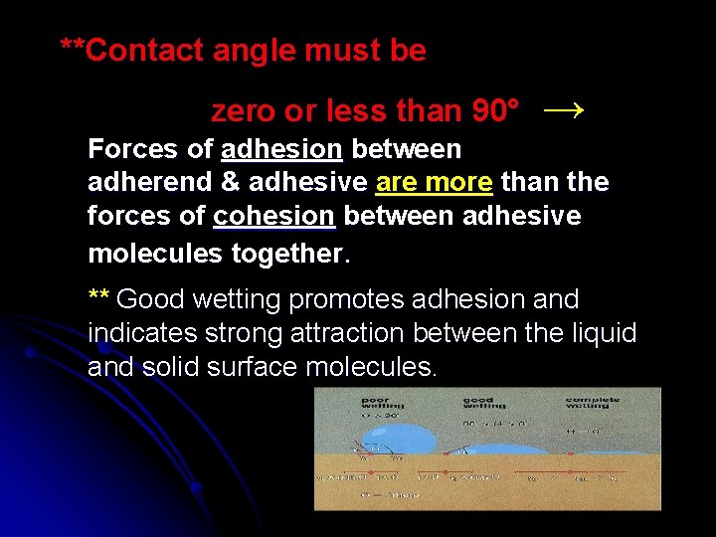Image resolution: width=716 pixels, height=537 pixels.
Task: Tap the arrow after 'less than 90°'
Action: pos(564,110)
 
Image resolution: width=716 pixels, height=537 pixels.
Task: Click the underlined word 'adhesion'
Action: pos(282,150)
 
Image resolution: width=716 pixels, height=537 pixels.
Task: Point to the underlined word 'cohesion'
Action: pos(261,216)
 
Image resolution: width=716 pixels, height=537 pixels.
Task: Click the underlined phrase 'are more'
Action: pos(435,183)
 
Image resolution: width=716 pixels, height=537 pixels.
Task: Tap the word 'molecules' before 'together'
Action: pos(156,254)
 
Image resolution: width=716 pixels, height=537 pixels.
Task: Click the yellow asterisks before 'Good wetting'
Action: pos(98,298)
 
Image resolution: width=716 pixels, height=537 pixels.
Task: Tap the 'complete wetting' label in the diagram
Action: pos(593,403)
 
